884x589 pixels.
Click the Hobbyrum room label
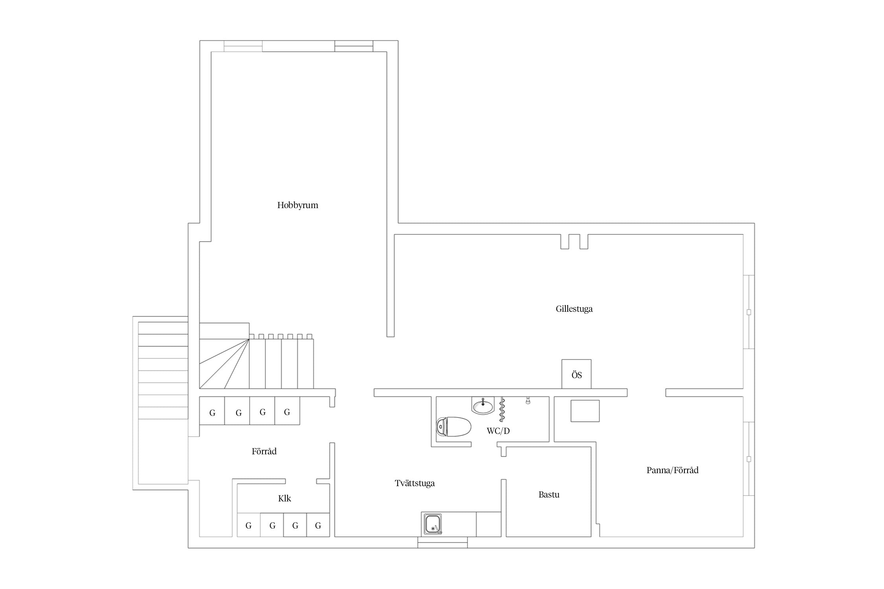[297, 205]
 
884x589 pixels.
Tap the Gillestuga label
[574, 309]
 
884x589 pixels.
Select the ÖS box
[576, 374]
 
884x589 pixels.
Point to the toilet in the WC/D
[453, 426]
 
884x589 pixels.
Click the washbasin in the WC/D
[482, 406]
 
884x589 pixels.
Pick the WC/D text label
[498, 431]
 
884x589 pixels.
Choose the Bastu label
[549, 494]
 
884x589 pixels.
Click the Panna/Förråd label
[672, 470]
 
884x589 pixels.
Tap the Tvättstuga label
[414, 483]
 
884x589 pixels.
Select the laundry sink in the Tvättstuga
[433, 524]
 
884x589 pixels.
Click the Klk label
[284, 498]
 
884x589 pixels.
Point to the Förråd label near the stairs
[264, 451]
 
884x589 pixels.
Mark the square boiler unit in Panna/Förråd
[585, 411]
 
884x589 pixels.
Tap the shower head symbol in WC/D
[528, 400]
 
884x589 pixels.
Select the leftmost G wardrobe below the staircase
[212, 411]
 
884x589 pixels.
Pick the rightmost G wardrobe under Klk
[318, 525]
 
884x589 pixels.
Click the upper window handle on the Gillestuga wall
[749, 312]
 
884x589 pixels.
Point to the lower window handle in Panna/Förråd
[749, 459]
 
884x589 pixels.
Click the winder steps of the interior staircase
[224, 364]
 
